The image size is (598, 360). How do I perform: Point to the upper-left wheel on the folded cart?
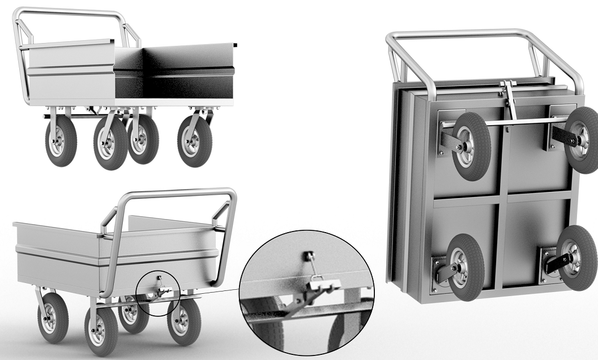pos(471,147)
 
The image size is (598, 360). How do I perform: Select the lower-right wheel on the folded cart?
pos(576,258)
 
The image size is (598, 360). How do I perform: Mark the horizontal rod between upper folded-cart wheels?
pos(510,122)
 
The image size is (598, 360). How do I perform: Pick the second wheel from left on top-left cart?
pos(110,144)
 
